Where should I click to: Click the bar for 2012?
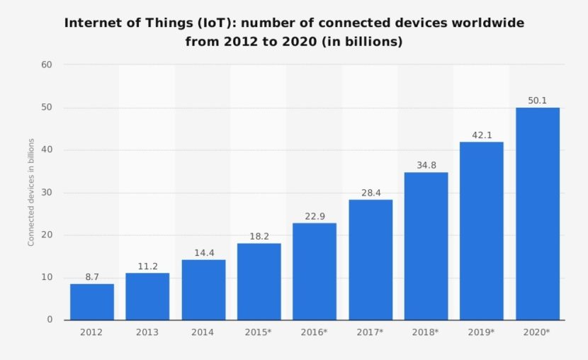click(x=92, y=302)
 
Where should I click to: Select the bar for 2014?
click(x=203, y=290)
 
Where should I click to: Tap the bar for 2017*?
click(x=371, y=259)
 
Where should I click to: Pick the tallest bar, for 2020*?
click(x=538, y=213)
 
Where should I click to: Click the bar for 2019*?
click(x=482, y=231)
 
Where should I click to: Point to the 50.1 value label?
click(x=538, y=101)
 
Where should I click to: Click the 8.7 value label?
click(x=92, y=277)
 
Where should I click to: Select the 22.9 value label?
click(x=315, y=216)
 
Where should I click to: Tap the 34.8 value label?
click(x=426, y=165)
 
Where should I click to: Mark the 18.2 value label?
click(x=259, y=236)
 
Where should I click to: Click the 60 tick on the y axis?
click(x=47, y=65)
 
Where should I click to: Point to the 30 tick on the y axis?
click(x=47, y=193)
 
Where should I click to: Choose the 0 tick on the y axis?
click(x=50, y=320)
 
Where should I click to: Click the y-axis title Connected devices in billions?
click(x=31, y=193)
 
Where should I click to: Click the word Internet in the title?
click(x=89, y=23)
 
